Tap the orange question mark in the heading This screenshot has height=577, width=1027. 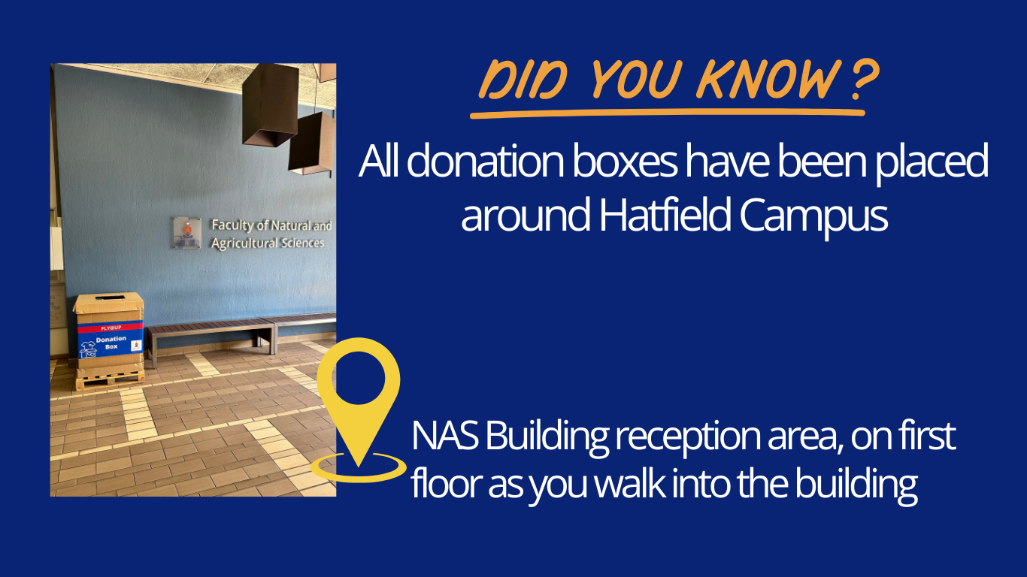[x=864, y=80]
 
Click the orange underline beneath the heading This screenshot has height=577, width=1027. [x=668, y=113]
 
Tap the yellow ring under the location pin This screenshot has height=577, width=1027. [x=359, y=467]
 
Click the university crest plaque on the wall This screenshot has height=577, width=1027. [x=186, y=232]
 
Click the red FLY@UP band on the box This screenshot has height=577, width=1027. [x=111, y=328]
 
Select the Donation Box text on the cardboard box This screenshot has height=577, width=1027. [x=111, y=343]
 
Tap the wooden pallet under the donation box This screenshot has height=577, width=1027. [x=110, y=380]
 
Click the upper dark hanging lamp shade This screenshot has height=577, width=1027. [x=270, y=104]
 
